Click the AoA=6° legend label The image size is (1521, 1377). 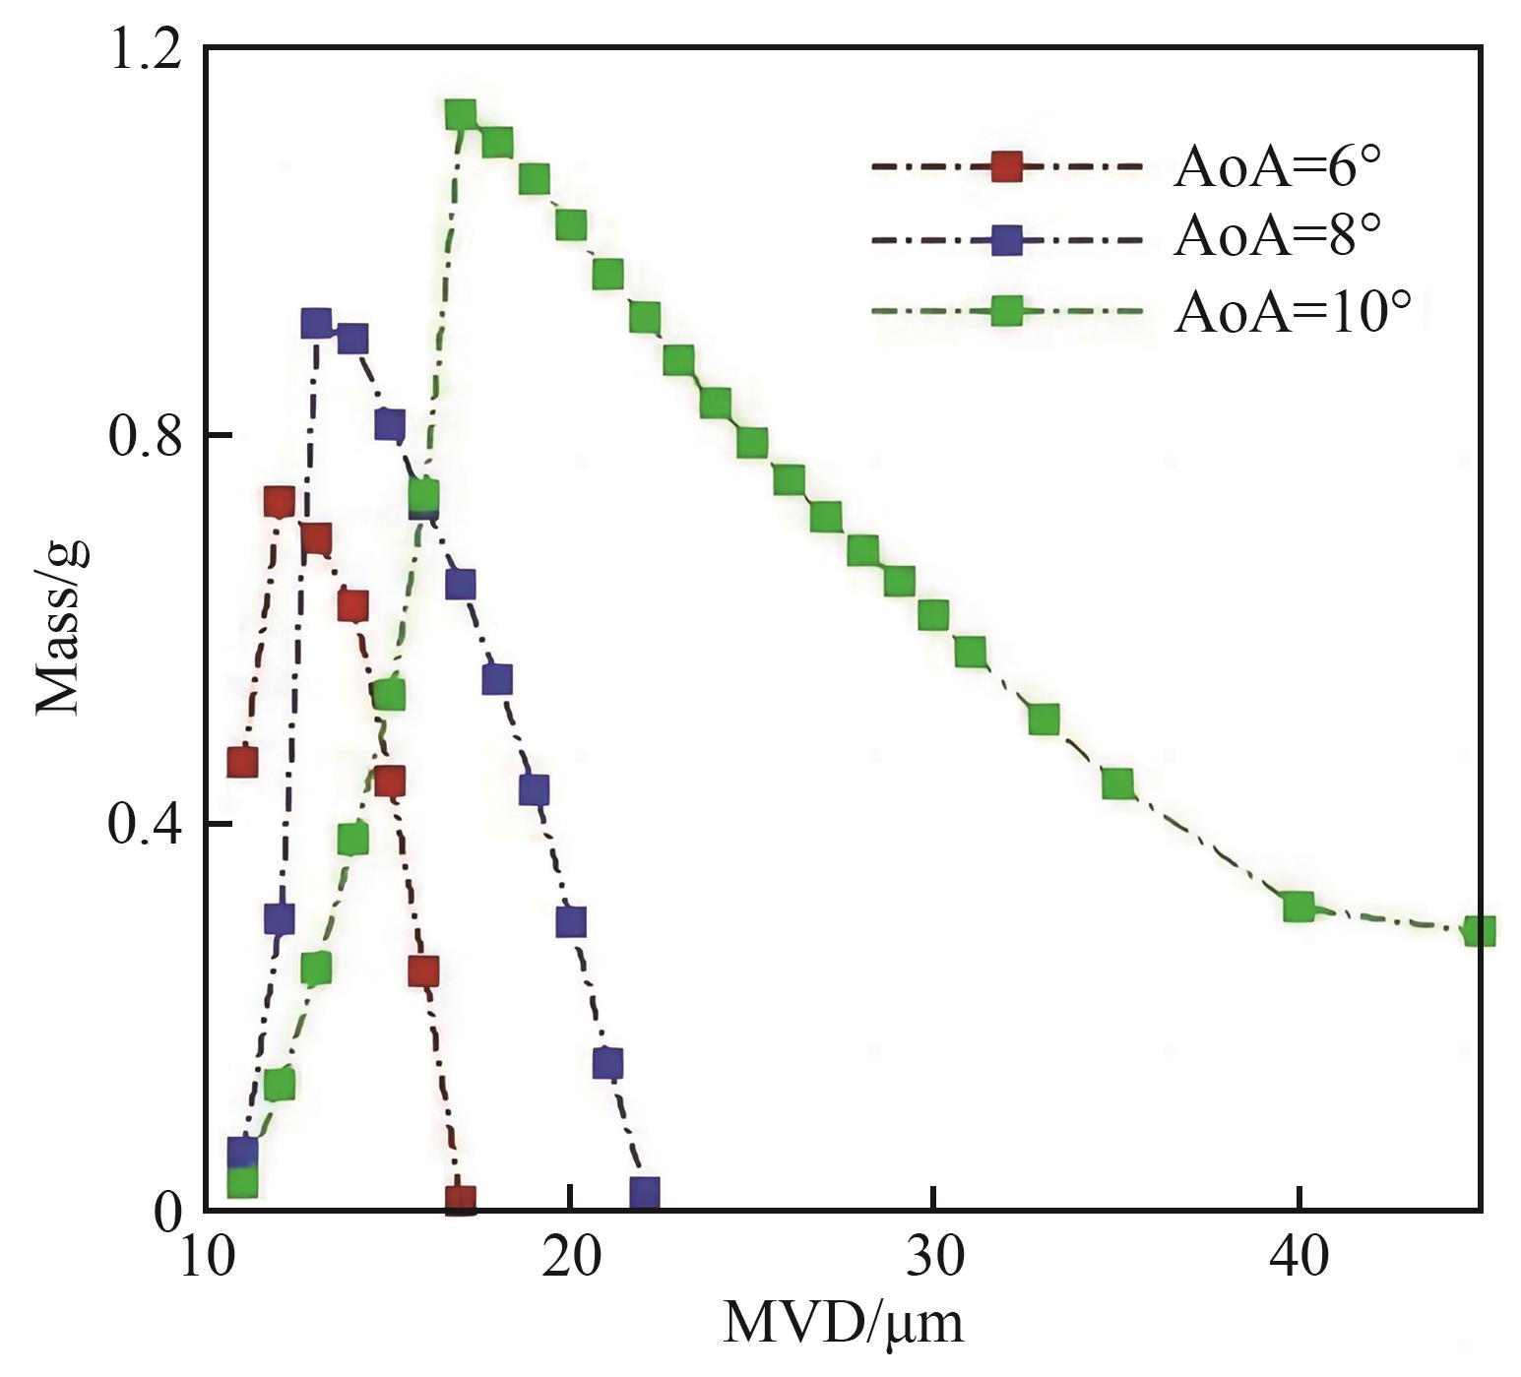tap(1277, 168)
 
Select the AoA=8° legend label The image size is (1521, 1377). tap(1277, 237)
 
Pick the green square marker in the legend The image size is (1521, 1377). tap(1006, 312)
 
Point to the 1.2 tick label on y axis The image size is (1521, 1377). tap(146, 49)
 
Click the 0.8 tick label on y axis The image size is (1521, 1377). tap(146, 436)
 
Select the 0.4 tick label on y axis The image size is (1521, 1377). tap(146, 824)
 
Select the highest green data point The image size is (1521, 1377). tap(461, 115)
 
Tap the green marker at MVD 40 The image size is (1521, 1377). tap(1299, 907)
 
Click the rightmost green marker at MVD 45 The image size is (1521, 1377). tap(1479, 930)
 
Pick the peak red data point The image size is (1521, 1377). tap(279, 502)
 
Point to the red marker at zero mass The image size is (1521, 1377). tap(461, 1199)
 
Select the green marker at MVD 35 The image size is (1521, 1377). tap(1117, 784)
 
